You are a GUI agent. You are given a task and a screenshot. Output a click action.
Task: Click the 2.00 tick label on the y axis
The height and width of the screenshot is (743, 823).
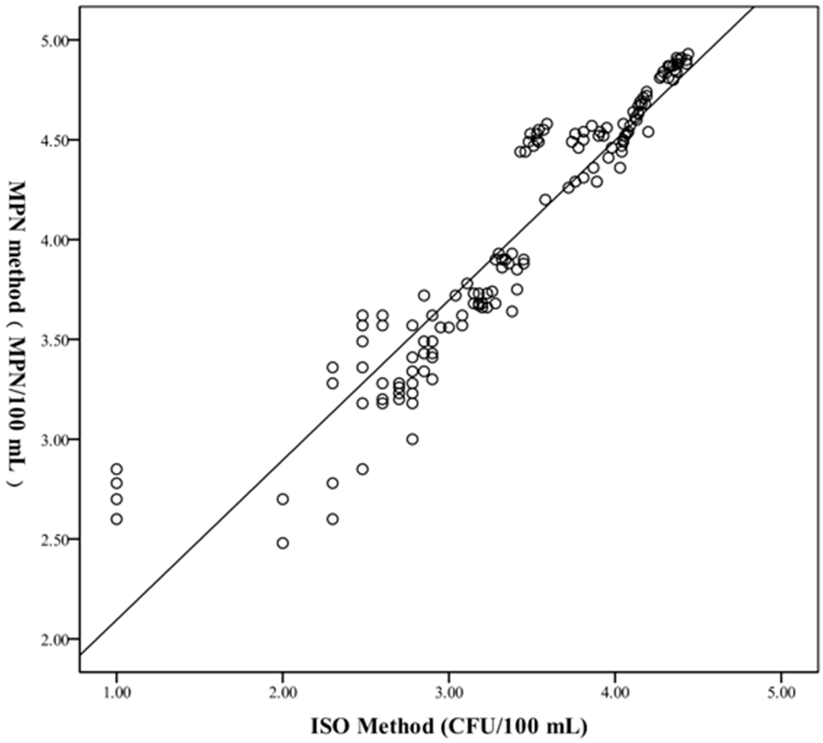pyautogui.click(x=55, y=639)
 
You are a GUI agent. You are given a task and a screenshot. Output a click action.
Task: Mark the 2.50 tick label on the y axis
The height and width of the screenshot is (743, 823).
pyautogui.click(x=55, y=539)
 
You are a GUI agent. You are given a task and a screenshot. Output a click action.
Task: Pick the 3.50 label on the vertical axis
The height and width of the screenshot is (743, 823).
pyautogui.click(x=55, y=340)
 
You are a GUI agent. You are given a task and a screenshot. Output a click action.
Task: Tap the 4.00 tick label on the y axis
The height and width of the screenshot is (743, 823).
pyautogui.click(x=55, y=240)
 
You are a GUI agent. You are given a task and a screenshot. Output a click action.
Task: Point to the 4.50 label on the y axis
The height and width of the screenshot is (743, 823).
pyautogui.click(x=55, y=140)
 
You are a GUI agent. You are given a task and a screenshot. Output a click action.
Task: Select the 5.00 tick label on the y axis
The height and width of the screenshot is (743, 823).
pyautogui.click(x=55, y=40)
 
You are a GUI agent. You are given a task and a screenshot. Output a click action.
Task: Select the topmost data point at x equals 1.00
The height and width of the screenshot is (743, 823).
pyautogui.click(x=117, y=469)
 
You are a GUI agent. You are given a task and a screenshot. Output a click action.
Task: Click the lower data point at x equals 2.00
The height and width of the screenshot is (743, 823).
pyautogui.click(x=283, y=543)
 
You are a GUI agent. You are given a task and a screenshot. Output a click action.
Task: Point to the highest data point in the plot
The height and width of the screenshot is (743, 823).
pyautogui.click(x=688, y=54)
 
